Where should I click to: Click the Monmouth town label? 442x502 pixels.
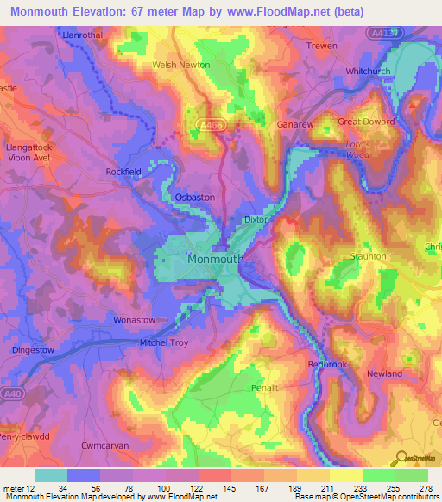point(217,258)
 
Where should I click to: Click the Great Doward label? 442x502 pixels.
point(365,122)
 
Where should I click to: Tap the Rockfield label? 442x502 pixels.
point(123,172)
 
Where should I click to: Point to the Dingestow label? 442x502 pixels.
point(35,349)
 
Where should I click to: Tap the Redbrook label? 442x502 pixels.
point(327,365)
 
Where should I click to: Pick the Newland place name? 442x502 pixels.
point(384,373)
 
